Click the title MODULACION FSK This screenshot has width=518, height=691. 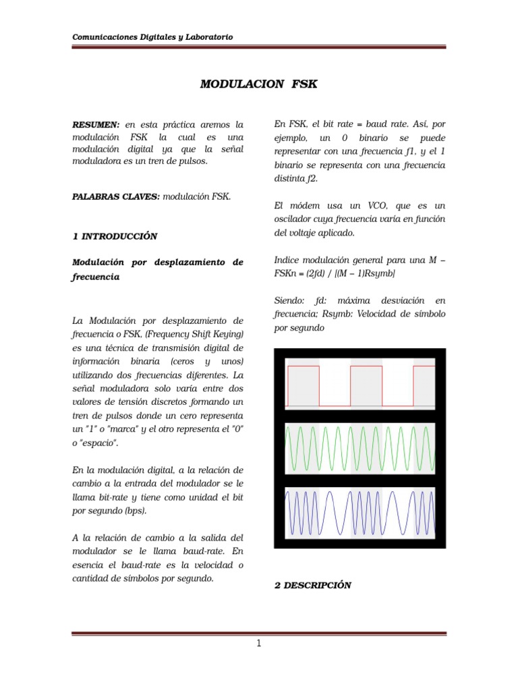258,84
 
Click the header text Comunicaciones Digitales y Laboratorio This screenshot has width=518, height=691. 152,37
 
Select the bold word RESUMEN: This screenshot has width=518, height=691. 96,125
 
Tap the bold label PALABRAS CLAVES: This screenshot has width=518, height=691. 115,196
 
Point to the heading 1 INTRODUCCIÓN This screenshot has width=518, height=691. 115,236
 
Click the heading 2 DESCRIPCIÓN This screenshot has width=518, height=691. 312,585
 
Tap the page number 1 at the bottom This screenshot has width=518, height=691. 258,643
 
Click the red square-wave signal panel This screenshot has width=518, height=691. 359,383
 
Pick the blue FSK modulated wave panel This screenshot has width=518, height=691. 359,514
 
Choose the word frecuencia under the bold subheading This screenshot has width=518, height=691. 96,277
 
